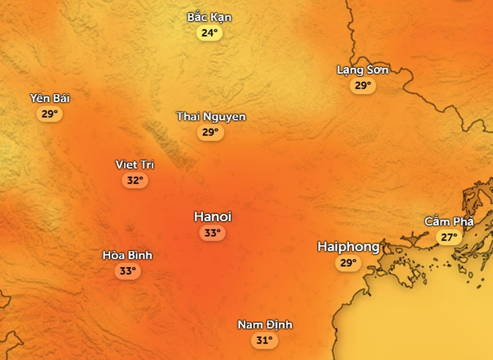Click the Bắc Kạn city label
[x=209, y=18]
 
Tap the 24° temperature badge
[x=209, y=33]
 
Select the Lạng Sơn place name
[x=363, y=70]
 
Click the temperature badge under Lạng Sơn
[x=363, y=85]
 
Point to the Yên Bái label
[x=50, y=99]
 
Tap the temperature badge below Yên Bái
[x=49, y=114]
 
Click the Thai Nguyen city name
[x=211, y=117]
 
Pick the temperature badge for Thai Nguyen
[x=210, y=132]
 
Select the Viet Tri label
[x=135, y=165]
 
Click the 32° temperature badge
[x=135, y=180]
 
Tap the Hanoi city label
[x=213, y=217]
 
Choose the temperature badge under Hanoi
[x=213, y=233]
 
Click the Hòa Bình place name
[x=128, y=255]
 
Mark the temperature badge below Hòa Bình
[x=128, y=271]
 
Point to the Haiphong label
[x=348, y=247]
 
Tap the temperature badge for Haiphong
[x=348, y=263]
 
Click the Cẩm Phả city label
[x=449, y=222]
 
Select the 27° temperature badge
[x=449, y=237]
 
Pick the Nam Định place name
[x=265, y=325]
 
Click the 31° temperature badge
[x=265, y=340]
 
